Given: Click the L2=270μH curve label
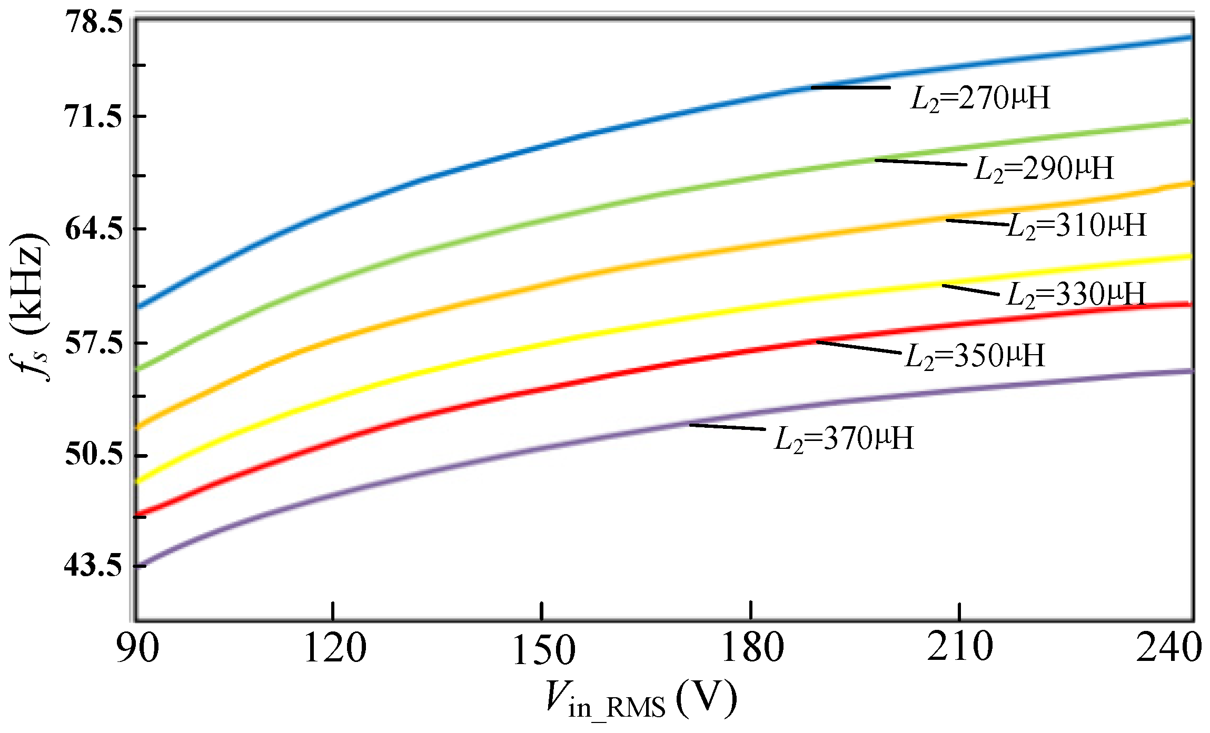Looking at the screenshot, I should pyautogui.click(x=980, y=98).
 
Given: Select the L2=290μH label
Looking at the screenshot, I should pyautogui.click(x=1044, y=169).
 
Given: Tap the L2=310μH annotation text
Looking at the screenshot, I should pyautogui.click(x=1076, y=226).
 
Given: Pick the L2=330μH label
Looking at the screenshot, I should pyautogui.click(x=1076, y=294).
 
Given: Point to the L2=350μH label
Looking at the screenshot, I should pyautogui.click(x=975, y=356).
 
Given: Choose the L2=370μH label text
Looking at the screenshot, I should pyautogui.click(x=844, y=439).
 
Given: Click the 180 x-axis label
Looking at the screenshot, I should pyautogui.click(x=752, y=648).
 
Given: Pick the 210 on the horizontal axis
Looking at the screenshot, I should pyautogui.click(x=959, y=647).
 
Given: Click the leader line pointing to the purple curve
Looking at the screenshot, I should pyautogui.click(x=727, y=427).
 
